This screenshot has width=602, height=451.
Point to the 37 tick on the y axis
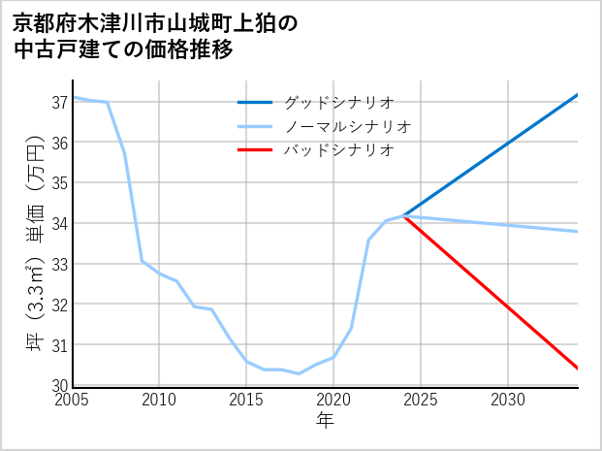59,102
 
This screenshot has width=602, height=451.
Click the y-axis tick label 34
59,223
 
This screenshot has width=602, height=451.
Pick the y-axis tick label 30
59,385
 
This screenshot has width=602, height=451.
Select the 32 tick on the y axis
59,304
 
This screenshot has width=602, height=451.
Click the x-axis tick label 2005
74,400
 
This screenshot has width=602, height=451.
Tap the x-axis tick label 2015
246,400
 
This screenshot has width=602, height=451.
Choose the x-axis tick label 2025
421,400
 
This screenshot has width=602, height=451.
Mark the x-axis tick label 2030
508,400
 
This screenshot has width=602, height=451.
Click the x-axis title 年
326,420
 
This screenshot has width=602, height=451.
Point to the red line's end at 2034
577,368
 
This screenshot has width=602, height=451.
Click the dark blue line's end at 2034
577,95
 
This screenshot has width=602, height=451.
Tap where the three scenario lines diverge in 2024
404,215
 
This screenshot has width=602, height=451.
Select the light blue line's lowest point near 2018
299,373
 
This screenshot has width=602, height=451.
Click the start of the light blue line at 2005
74,97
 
